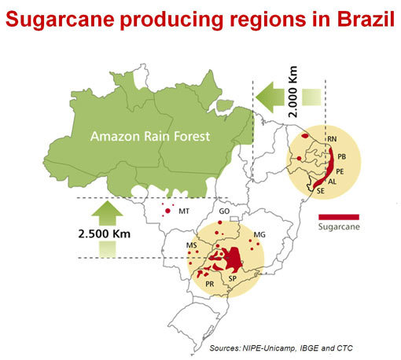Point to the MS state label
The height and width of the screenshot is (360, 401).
coord(191,246)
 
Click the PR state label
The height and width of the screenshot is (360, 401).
coord(209,284)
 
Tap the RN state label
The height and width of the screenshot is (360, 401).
coord(332,139)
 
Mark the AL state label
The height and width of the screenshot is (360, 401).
coord(332,181)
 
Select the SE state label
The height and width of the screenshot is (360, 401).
coord(320,190)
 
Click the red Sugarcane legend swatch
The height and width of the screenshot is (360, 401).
coord(339,216)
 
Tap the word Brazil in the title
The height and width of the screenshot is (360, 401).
coord(357,17)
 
